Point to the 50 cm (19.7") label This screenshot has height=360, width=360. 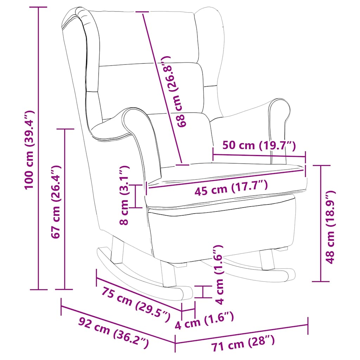(x=259, y=145)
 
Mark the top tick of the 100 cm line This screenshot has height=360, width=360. (x=38, y=7)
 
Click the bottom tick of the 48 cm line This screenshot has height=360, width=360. (x=321, y=281)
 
